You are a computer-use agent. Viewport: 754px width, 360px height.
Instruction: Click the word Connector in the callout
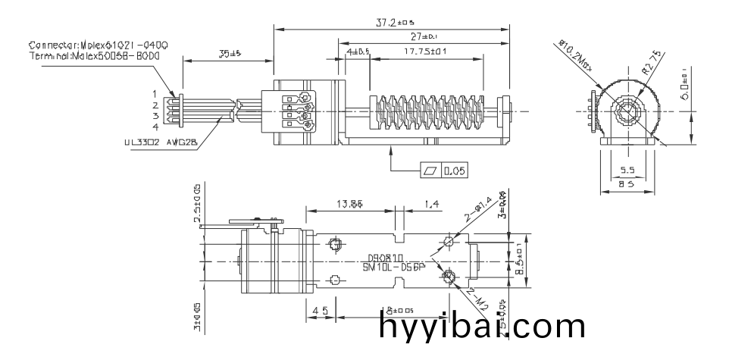[x=54, y=45]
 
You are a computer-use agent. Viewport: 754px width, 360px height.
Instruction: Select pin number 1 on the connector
[x=155, y=93]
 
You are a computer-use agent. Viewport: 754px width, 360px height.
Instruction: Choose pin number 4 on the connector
[x=155, y=127]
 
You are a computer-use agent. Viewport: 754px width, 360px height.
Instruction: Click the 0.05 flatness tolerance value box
[x=455, y=171]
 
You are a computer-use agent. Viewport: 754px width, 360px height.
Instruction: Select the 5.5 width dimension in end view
[x=627, y=171]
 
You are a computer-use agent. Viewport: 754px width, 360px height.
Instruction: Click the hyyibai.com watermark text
[x=481, y=327]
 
